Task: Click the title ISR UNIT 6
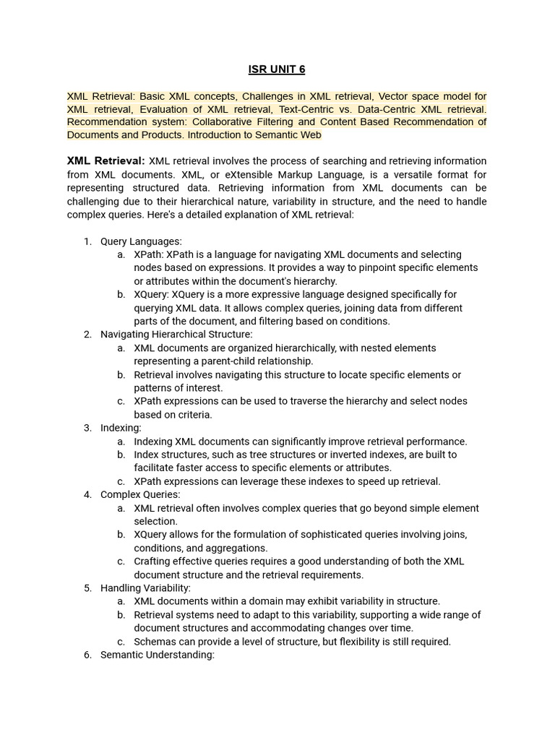tap(277, 69)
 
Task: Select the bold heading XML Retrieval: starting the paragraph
tap(106, 160)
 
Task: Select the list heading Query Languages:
tap(141, 241)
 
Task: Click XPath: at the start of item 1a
tap(150, 254)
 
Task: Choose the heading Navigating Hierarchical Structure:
tap(176, 334)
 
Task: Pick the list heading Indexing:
tap(121, 428)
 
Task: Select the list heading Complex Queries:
tap(140, 494)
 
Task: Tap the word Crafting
tap(152, 561)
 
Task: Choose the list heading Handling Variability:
tap(145, 588)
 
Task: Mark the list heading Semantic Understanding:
tap(158, 655)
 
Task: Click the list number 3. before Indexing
tap(87, 428)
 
